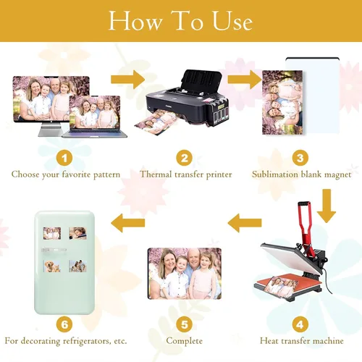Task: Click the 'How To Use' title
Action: pyautogui.click(x=180, y=21)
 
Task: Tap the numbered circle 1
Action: pyautogui.click(x=64, y=159)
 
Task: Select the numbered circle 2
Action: pyautogui.click(x=184, y=158)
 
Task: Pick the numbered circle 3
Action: pyautogui.click(x=300, y=158)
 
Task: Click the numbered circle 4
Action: pyautogui.click(x=300, y=324)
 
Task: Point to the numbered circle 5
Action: pyautogui.click(x=184, y=324)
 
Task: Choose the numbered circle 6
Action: pyautogui.click(x=64, y=324)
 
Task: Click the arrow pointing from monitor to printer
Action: pyautogui.click(x=127, y=80)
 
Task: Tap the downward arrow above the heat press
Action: pyautogui.click(x=327, y=206)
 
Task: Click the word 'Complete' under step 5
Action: pyautogui.click(x=184, y=341)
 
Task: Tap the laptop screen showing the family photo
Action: pyautogui.click(x=94, y=112)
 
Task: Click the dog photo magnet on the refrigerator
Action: pyautogui.click(x=52, y=266)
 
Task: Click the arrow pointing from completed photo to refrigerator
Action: pyautogui.click(x=128, y=223)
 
